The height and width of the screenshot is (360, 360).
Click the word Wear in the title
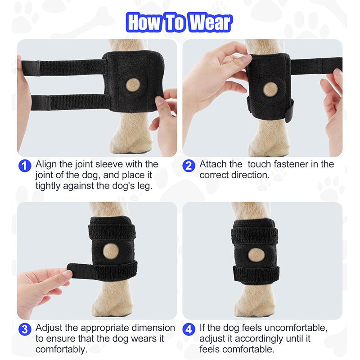[x=208, y=22]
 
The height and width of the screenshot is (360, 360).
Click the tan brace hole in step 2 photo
[x=270, y=88]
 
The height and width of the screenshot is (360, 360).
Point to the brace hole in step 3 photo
[x=110, y=251]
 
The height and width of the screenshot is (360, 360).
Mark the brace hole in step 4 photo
[x=256, y=255]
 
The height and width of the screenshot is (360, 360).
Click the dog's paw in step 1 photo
[x=130, y=142]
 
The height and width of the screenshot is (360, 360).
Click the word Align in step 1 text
[x=46, y=164]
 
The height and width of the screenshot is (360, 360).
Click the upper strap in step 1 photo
[x=67, y=67]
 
